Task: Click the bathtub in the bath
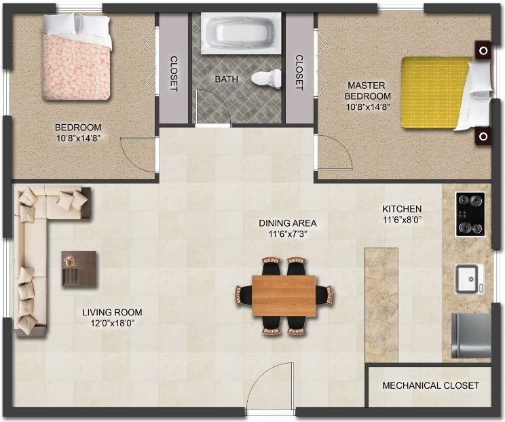[241, 33]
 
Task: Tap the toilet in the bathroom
[266, 78]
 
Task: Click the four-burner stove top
[470, 214]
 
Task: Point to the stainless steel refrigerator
[471, 336]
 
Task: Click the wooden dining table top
[284, 296]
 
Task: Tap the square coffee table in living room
[79, 269]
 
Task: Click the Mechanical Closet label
[430, 385]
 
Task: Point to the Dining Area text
[288, 223]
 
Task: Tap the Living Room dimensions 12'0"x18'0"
[113, 323]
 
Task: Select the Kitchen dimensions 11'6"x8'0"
[403, 220]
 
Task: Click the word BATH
[227, 79]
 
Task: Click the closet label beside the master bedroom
[299, 73]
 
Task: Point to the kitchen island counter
[381, 305]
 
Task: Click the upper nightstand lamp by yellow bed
[483, 50]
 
